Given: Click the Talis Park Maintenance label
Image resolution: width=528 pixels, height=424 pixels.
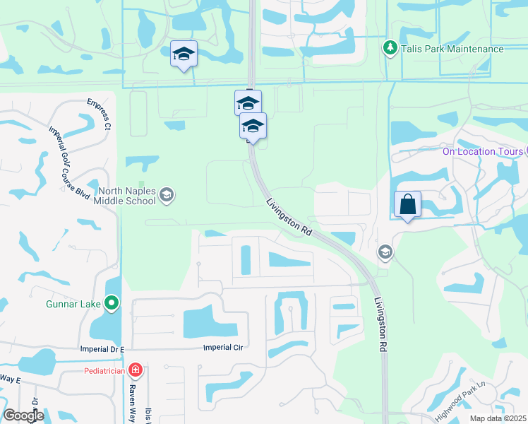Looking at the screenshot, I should pos(452,49).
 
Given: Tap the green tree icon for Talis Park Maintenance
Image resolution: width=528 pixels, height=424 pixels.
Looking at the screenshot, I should pos(389,48).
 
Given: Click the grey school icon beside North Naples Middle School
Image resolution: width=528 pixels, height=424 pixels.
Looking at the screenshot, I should pos(167,195).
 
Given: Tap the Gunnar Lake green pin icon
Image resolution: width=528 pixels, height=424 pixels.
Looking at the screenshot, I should pos(112,304).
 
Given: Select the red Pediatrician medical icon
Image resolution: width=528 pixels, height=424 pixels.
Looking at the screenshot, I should pos(136,370).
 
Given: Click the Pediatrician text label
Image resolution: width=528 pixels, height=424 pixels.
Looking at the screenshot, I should pos(104,370).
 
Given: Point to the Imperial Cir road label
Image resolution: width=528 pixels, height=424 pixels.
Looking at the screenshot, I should pos(222,347).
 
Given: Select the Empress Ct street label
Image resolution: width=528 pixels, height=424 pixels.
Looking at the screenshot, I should pos(100,114).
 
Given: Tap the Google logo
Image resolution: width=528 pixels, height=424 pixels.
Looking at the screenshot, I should pos(23,416).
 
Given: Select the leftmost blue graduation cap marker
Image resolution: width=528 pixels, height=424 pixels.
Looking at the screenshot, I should pos(184,54).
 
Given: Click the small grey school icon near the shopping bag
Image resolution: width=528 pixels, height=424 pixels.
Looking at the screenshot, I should pos(385,252).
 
